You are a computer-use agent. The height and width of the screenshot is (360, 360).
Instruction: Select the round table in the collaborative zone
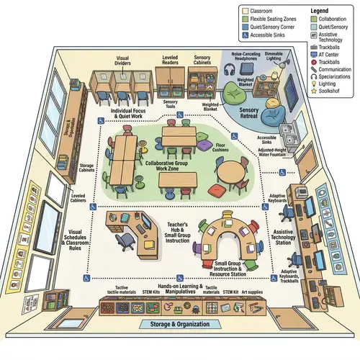[x=231, y=172]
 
